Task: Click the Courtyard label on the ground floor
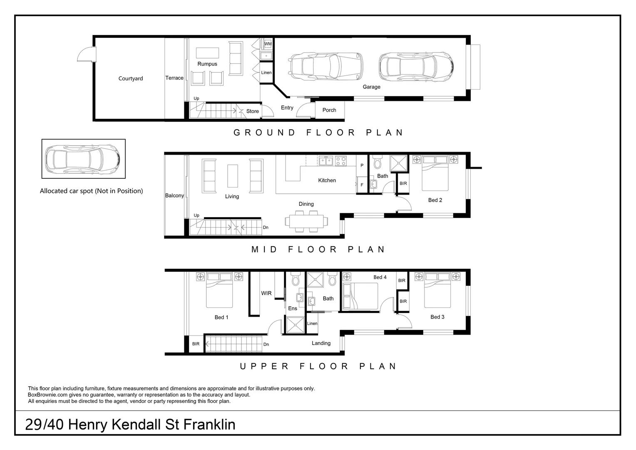click(x=130, y=78)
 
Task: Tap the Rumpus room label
click(x=207, y=64)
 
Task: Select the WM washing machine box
click(x=268, y=44)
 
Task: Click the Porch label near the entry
click(x=329, y=110)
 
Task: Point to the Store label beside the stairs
click(x=252, y=111)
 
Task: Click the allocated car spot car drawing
click(x=83, y=159)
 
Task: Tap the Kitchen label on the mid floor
click(x=327, y=180)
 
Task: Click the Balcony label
click(x=174, y=195)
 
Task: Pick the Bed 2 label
click(x=435, y=200)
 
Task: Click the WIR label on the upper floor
click(x=266, y=293)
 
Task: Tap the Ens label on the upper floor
click(x=293, y=308)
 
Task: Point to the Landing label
click(x=321, y=343)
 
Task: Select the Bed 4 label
click(x=380, y=277)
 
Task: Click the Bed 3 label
click(x=437, y=317)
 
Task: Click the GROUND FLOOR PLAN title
click(x=318, y=132)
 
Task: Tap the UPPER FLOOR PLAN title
click(x=318, y=366)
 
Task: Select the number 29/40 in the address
click(x=45, y=425)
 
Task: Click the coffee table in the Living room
click(x=233, y=176)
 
